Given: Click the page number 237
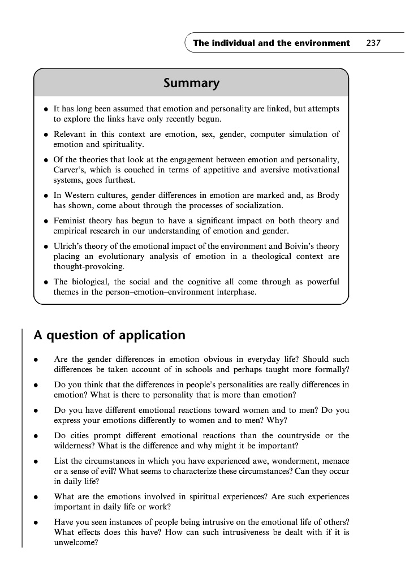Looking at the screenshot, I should click(x=373, y=43).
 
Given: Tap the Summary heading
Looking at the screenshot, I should click(x=191, y=84).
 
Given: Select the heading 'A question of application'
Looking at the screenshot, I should click(x=109, y=335).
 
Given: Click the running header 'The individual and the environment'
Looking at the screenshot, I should click(x=272, y=43).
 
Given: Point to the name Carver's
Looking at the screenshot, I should click(x=69, y=170).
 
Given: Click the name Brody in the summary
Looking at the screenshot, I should click(x=328, y=195).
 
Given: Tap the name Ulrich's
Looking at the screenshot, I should click(x=69, y=246).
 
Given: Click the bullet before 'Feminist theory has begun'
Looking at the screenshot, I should click(x=45, y=221).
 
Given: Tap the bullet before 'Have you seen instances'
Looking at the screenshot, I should click(x=36, y=522).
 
